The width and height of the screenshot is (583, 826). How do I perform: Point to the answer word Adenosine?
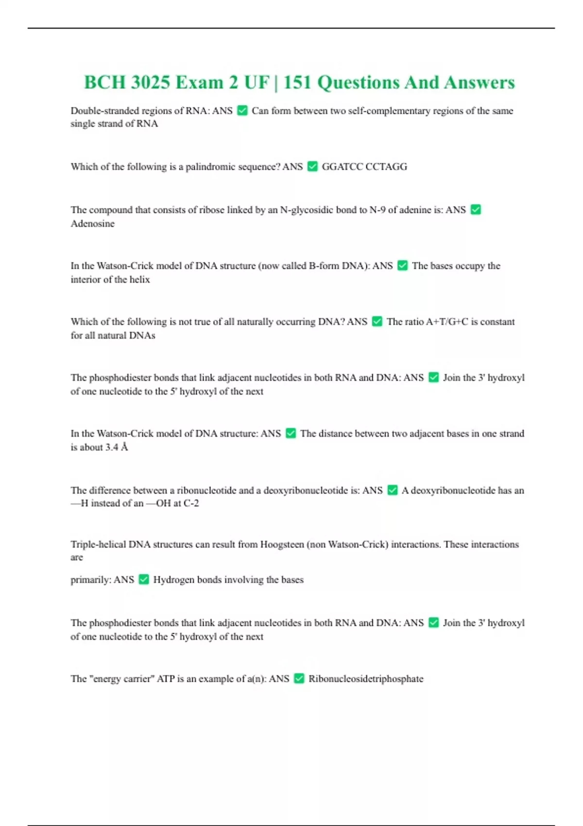pos(93,224)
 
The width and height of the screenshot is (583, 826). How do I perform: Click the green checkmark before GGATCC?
pos(312,167)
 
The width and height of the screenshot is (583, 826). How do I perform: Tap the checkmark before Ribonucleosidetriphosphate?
pos(299,678)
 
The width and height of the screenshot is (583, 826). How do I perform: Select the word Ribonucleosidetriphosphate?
pos(366,679)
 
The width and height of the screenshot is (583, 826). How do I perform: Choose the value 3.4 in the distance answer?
pos(112,447)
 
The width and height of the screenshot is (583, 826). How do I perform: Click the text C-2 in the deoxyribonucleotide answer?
pos(191,503)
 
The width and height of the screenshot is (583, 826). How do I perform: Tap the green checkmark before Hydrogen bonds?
pos(144,579)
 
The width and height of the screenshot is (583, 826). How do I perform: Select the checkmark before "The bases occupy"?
pos(402,266)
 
